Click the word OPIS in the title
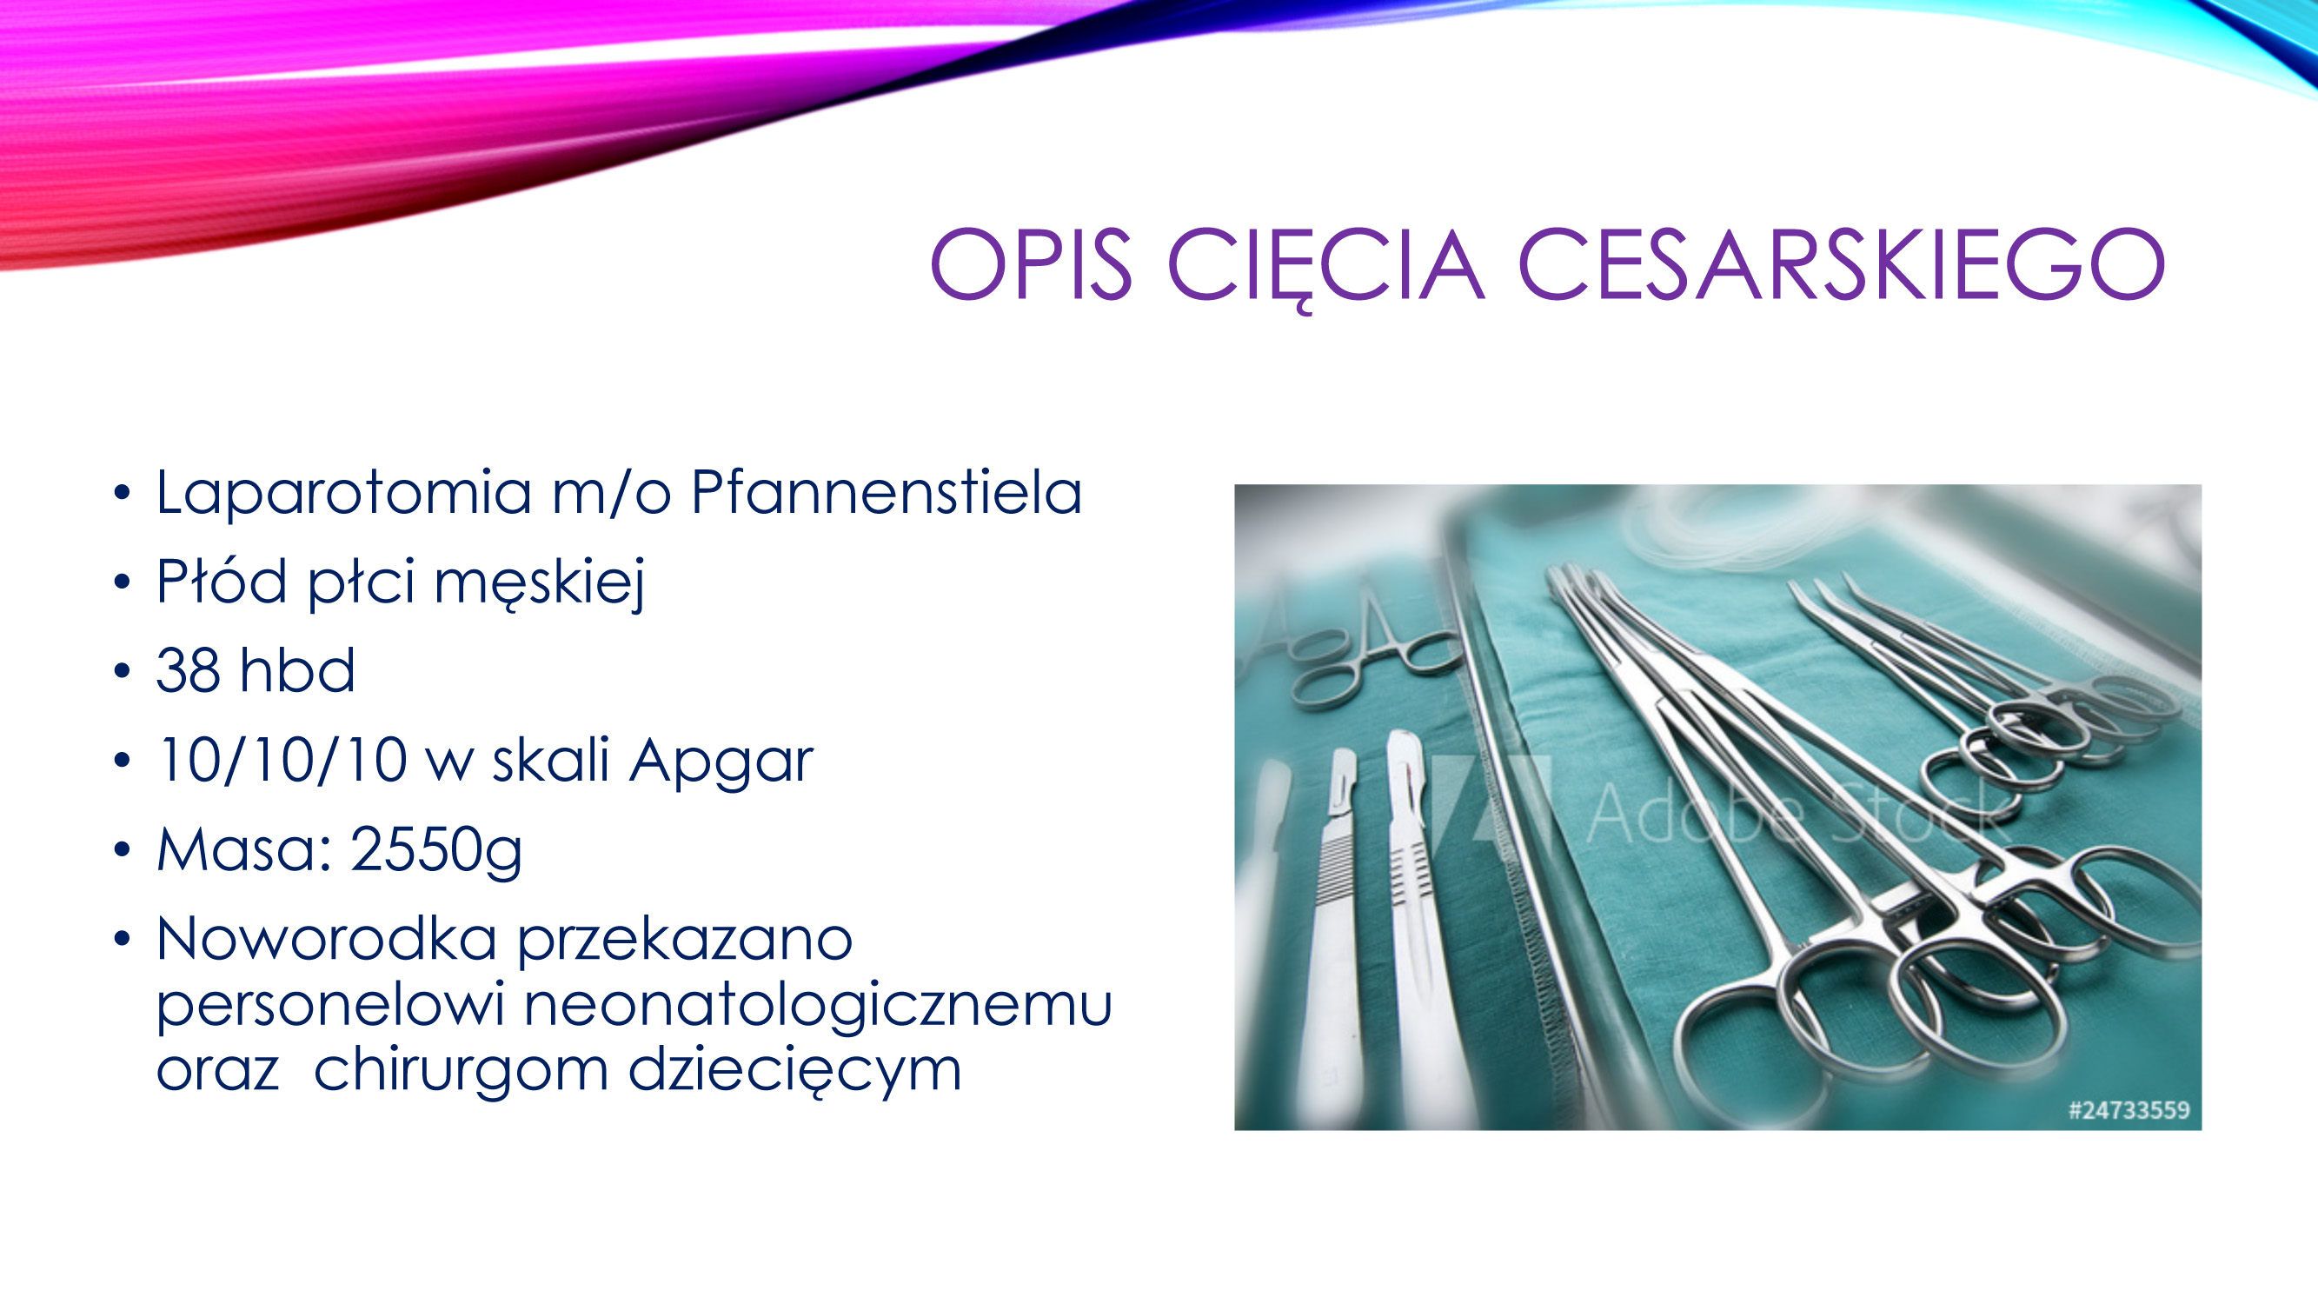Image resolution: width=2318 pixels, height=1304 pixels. tap(1030, 263)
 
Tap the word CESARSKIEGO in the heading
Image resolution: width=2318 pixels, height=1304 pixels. tap(1841, 263)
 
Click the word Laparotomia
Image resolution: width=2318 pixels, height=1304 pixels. tap(343, 493)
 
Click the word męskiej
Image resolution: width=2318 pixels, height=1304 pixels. tap(540, 583)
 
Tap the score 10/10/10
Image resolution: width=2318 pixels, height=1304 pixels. tap(282, 761)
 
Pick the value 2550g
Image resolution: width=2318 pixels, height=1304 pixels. tap(435, 851)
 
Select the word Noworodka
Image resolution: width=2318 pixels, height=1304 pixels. tap(327, 940)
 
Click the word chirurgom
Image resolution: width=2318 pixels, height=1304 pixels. tap(460, 1071)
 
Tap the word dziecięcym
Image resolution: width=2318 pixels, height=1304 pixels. tap(794, 1071)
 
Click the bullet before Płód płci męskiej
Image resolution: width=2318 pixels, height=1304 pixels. tap(123, 583)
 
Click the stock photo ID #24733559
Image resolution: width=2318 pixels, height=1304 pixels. tap(2129, 1109)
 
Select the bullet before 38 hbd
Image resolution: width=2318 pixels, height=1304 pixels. tap(123, 672)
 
